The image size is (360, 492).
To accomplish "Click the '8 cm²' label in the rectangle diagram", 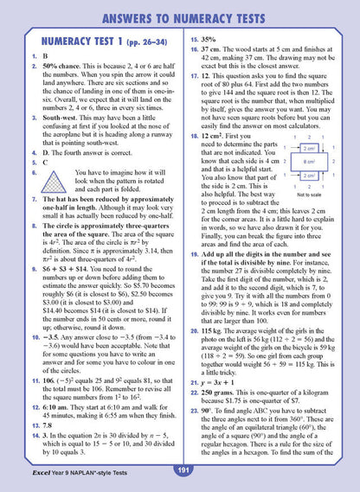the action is click(308, 160).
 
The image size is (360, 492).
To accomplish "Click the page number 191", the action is click(183, 470).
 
